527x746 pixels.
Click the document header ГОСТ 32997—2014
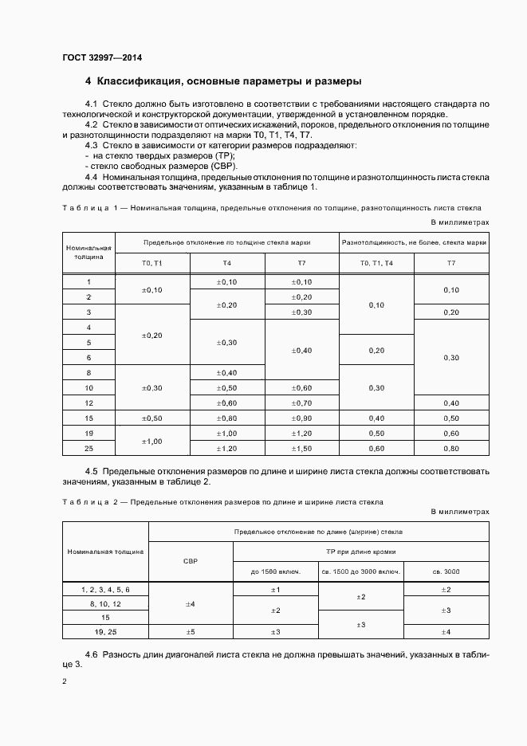point(102,57)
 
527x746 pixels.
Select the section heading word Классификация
point(136,81)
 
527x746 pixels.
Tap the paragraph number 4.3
point(92,146)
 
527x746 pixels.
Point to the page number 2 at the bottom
point(65,681)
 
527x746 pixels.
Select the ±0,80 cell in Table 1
point(226,418)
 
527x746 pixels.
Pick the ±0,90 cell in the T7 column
point(301,418)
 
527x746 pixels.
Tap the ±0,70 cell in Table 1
point(301,402)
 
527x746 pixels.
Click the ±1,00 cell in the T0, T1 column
point(151,441)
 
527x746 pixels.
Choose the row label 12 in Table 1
point(89,402)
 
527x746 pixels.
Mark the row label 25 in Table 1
point(89,449)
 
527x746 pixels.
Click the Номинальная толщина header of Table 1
point(89,253)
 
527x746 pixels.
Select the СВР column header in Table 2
point(190,561)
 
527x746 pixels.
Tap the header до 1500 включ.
point(275,571)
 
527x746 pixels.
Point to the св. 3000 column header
point(446,571)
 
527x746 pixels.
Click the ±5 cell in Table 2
point(190,632)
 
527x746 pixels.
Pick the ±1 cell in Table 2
point(275,588)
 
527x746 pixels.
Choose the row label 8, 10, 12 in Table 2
point(105,603)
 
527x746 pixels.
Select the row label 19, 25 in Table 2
point(105,632)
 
